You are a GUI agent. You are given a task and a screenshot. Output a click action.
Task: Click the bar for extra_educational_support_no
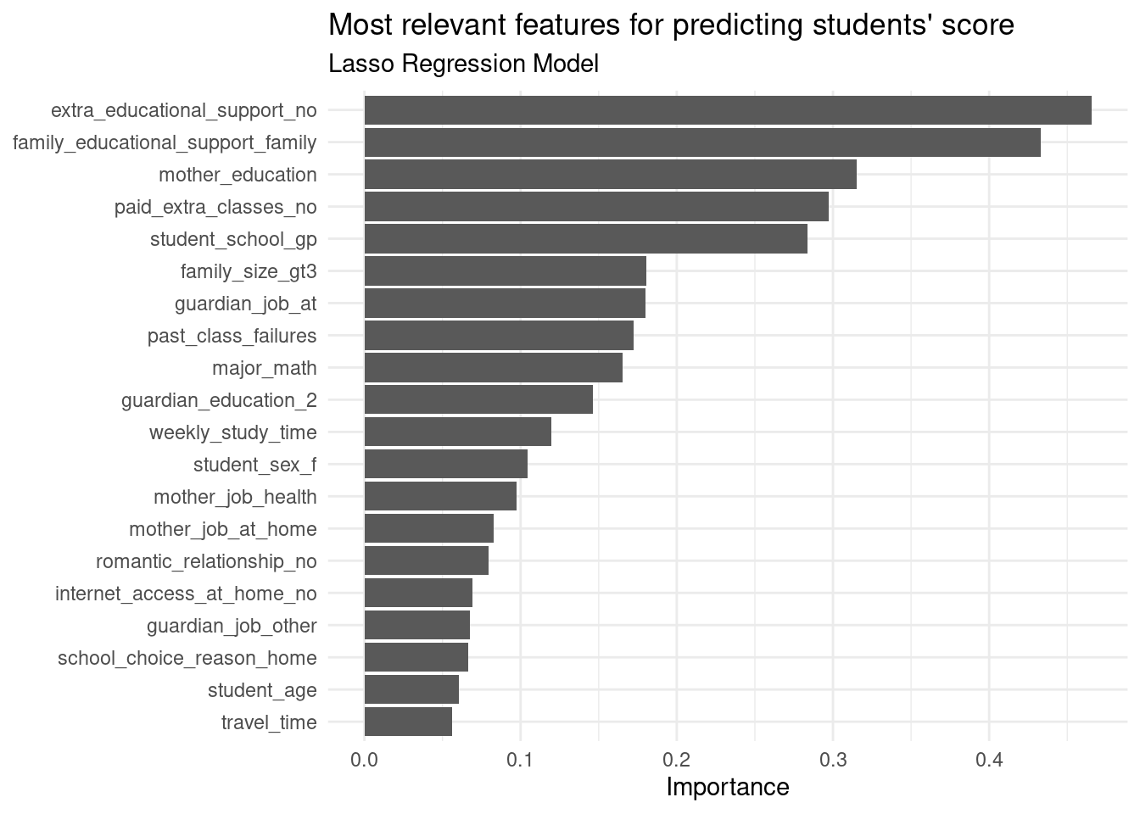click(728, 110)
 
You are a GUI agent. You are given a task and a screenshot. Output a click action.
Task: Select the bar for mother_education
click(611, 175)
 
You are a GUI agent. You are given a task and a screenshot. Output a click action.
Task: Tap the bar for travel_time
click(408, 722)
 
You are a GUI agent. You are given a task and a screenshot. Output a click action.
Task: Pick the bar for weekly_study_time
click(458, 432)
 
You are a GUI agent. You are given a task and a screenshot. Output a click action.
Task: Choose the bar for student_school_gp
click(586, 239)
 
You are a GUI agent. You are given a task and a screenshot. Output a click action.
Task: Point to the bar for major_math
click(494, 368)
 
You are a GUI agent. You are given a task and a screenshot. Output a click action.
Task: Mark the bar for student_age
click(411, 690)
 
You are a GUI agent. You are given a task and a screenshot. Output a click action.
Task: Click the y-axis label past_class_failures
click(232, 336)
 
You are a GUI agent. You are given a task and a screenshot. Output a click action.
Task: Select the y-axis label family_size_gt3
click(249, 271)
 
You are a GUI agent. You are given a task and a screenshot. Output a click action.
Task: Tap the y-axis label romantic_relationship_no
click(206, 561)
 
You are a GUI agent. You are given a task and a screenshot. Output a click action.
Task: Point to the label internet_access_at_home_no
click(186, 594)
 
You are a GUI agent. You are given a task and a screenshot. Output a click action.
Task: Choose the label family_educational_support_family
click(165, 142)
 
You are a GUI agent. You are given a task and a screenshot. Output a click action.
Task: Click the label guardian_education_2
click(219, 400)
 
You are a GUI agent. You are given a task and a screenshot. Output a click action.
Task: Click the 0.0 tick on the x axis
click(365, 760)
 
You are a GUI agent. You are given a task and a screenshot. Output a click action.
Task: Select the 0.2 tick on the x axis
click(677, 760)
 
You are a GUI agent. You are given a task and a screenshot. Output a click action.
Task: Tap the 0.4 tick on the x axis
click(989, 760)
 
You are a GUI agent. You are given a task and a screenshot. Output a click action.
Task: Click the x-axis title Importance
click(728, 788)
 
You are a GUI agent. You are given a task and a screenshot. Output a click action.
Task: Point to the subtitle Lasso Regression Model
click(463, 64)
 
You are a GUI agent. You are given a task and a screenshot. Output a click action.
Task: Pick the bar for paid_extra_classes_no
click(596, 207)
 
